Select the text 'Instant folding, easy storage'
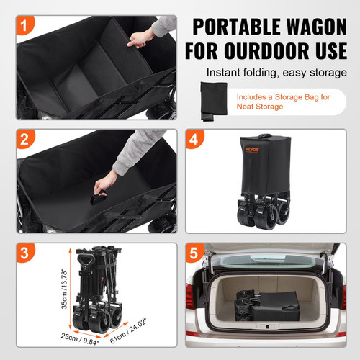pyautogui.click(x=277, y=73)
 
